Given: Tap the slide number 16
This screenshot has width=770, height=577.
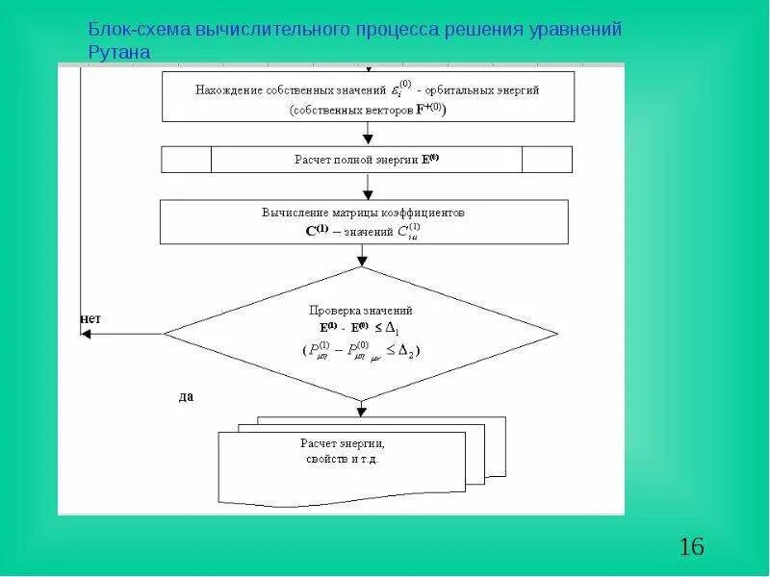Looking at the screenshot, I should (691, 547).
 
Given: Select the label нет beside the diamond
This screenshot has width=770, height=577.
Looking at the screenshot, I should (90, 318).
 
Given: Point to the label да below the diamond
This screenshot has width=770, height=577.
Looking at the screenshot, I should (186, 396).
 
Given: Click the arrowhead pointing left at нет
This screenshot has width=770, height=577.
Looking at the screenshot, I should (85, 334).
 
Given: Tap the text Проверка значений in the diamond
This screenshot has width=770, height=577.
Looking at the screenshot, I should (361, 311).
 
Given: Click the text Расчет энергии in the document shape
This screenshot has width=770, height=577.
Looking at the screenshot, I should (343, 443).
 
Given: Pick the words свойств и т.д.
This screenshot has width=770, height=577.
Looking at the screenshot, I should (343, 460).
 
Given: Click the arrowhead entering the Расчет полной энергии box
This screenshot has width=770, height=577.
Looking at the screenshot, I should (368, 140).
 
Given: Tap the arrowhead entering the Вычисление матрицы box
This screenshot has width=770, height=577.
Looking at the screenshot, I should (368, 194).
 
